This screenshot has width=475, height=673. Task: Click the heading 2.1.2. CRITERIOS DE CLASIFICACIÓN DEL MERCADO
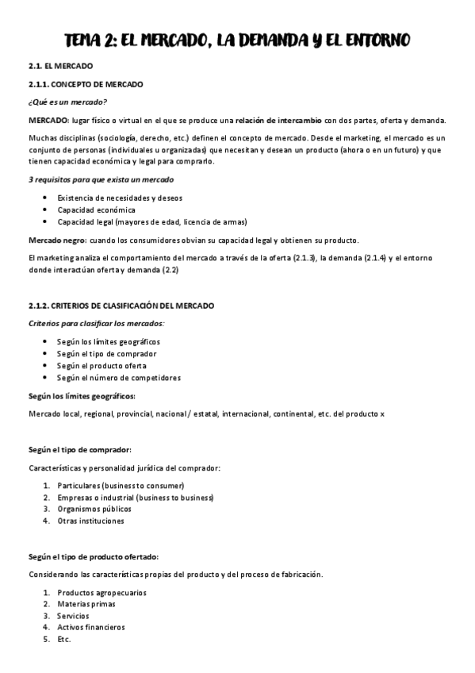[x=120, y=306]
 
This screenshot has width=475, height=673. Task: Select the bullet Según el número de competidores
[x=119, y=378]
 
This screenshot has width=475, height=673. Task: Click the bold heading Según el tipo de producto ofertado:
[x=94, y=556]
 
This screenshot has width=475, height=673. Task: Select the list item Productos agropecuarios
[x=102, y=593]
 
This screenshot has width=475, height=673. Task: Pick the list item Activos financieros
[x=91, y=627]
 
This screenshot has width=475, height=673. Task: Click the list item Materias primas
[x=86, y=604]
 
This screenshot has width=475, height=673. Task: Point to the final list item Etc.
[x=64, y=639]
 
